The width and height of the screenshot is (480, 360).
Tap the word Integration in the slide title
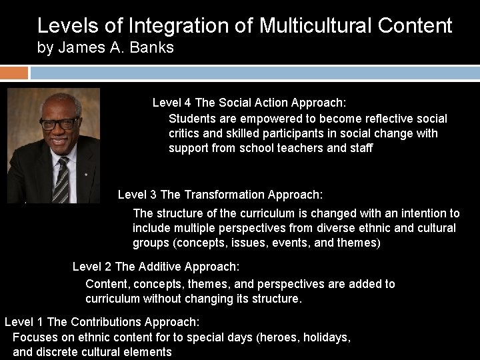169,25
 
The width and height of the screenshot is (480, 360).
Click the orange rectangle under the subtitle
14,72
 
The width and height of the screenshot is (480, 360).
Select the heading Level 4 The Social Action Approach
249,103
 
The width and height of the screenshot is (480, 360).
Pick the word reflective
389,119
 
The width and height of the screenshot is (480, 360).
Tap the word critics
185,133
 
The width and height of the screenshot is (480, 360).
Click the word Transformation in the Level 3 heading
224,195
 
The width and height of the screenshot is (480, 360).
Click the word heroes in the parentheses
279,337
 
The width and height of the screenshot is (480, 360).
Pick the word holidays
326,337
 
